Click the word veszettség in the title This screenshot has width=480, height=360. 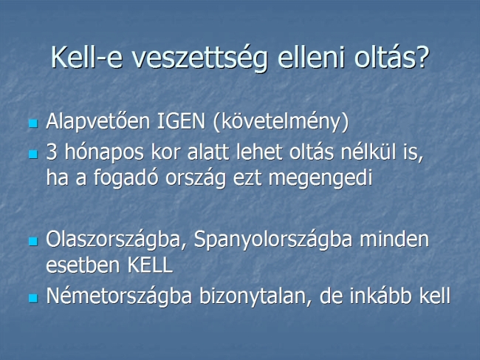point(199,58)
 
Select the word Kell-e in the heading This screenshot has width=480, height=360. point(86,57)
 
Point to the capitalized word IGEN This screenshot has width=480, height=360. point(181,121)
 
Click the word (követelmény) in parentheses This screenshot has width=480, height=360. point(281,122)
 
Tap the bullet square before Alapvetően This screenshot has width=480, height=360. point(33,123)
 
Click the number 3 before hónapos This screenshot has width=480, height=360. point(52,152)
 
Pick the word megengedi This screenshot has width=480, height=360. point(320,178)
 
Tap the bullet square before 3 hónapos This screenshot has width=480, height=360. point(33,154)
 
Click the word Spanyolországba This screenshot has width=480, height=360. point(273,240)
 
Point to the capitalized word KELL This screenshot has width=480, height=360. point(150,265)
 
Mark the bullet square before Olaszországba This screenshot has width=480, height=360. point(33,242)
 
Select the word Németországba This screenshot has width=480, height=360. point(119,296)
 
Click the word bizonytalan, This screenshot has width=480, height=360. point(256,296)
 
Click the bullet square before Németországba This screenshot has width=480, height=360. point(33,298)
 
